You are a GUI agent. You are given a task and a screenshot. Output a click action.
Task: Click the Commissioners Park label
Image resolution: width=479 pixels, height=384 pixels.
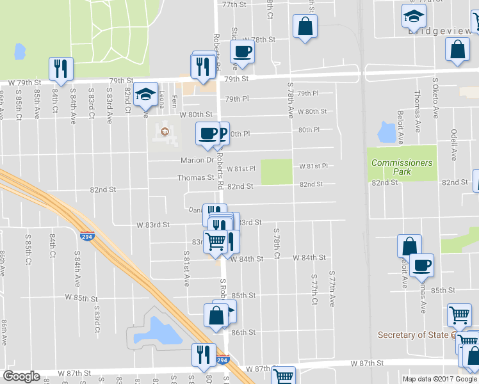(402, 167)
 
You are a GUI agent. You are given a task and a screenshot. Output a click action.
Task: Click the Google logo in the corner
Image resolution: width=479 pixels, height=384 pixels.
(21, 376)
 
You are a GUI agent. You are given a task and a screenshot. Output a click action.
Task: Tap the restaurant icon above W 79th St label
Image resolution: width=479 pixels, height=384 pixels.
(61, 68)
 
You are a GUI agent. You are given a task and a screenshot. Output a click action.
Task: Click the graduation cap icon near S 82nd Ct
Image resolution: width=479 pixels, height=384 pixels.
(145, 93)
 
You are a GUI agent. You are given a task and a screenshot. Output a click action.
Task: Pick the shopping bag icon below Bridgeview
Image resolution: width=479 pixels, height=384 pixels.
(457, 51)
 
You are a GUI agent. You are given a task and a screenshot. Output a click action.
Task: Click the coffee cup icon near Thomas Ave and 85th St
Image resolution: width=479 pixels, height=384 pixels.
(421, 266)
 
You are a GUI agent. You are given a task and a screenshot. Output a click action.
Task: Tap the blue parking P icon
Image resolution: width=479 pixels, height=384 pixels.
(222, 133)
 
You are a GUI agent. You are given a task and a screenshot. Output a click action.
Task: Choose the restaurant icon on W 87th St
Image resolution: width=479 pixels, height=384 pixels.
(204, 355)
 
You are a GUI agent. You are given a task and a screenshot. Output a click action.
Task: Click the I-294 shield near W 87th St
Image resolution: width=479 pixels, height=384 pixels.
(222, 360)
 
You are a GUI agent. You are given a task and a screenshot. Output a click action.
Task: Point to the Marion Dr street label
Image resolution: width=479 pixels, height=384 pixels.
(200, 161)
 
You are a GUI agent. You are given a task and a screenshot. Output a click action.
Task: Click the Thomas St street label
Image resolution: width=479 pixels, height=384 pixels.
(195, 178)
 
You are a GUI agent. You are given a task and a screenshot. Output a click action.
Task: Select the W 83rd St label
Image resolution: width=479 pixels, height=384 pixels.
(153, 225)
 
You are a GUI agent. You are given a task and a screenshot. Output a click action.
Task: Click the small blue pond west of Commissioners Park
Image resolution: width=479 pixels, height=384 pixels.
(386, 132)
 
